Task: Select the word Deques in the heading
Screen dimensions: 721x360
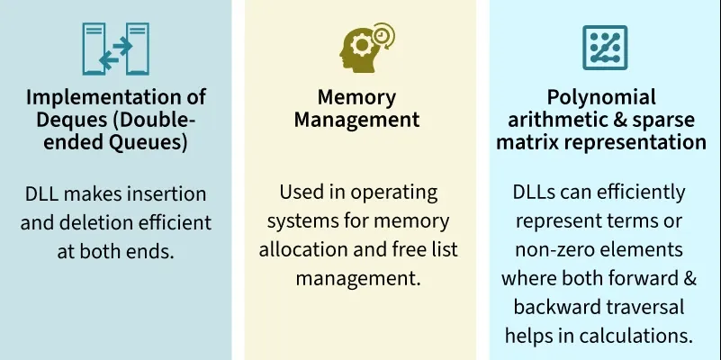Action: coord(69,120)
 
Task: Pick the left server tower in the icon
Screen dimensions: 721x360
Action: coord(94,49)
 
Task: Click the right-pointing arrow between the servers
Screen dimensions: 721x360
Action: coord(122,46)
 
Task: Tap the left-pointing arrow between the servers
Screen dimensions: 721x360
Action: coord(109,59)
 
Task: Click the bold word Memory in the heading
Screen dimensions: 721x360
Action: coord(356,97)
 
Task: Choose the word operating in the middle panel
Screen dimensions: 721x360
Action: coord(393,193)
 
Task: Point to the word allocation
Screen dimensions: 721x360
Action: coord(311,249)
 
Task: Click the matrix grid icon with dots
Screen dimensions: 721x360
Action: coord(605,48)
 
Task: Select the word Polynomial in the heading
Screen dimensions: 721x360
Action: coord(601,97)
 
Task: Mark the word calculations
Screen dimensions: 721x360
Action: coord(636,336)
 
